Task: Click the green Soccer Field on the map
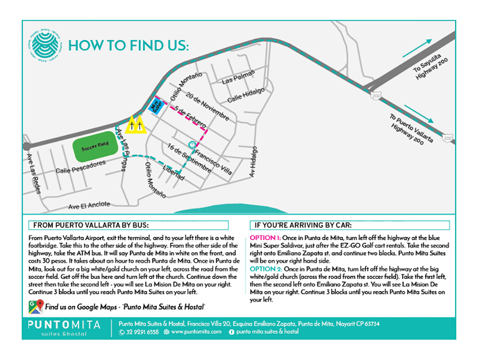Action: click(96, 148)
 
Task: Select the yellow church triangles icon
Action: click(136, 125)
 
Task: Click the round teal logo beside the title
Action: click(45, 45)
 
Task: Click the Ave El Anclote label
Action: click(89, 206)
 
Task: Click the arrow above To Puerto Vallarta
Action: click(419, 114)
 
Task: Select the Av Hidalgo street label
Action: click(253, 162)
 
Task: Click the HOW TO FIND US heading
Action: click(128, 46)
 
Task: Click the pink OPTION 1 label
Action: click(265, 238)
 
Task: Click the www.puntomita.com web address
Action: click(193, 332)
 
